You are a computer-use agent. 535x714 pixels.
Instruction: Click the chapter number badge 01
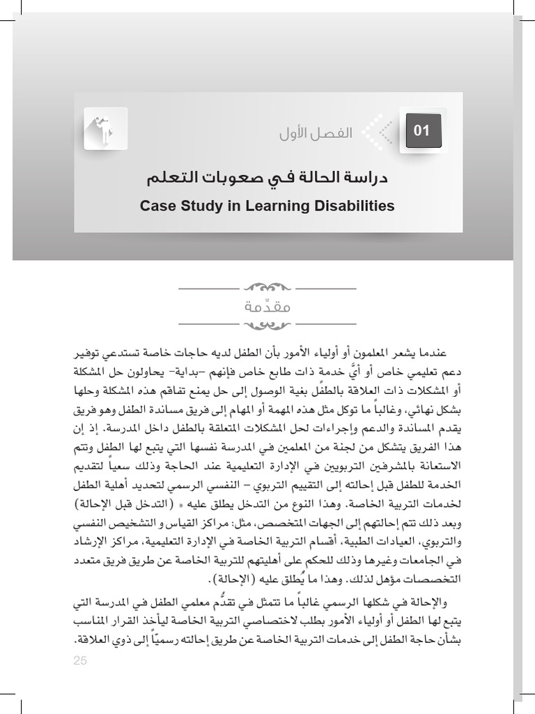tap(422, 130)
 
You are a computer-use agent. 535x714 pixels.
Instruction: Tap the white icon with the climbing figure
tap(105, 128)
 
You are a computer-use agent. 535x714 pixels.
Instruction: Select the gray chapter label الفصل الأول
tap(316, 132)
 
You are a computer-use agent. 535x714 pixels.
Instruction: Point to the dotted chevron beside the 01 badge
tap(377, 131)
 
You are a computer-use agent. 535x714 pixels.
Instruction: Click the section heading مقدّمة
tap(267, 306)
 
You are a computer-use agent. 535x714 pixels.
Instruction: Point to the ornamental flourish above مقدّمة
tap(267, 287)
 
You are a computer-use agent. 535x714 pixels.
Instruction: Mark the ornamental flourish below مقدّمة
tap(267, 324)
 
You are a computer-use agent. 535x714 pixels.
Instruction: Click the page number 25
tap(80, 661)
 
